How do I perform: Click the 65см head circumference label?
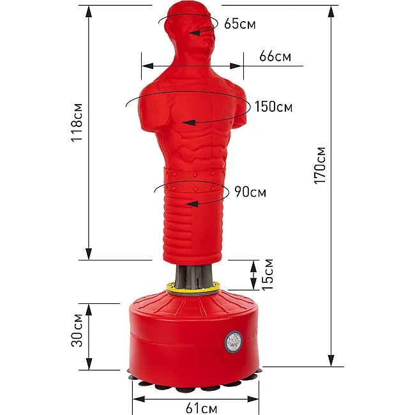coord(240,24)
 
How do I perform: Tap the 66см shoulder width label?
coord(275,56)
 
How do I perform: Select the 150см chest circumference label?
coord(273,107)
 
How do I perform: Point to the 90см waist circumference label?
coord(250,192)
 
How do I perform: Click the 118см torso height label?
coord(77,123)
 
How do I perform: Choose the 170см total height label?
coord(319,165)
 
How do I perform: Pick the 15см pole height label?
coord(268,275)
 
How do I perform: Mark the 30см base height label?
coord(77,330)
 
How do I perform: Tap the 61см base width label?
coord(201,408)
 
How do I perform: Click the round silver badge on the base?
coord(234,342)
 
